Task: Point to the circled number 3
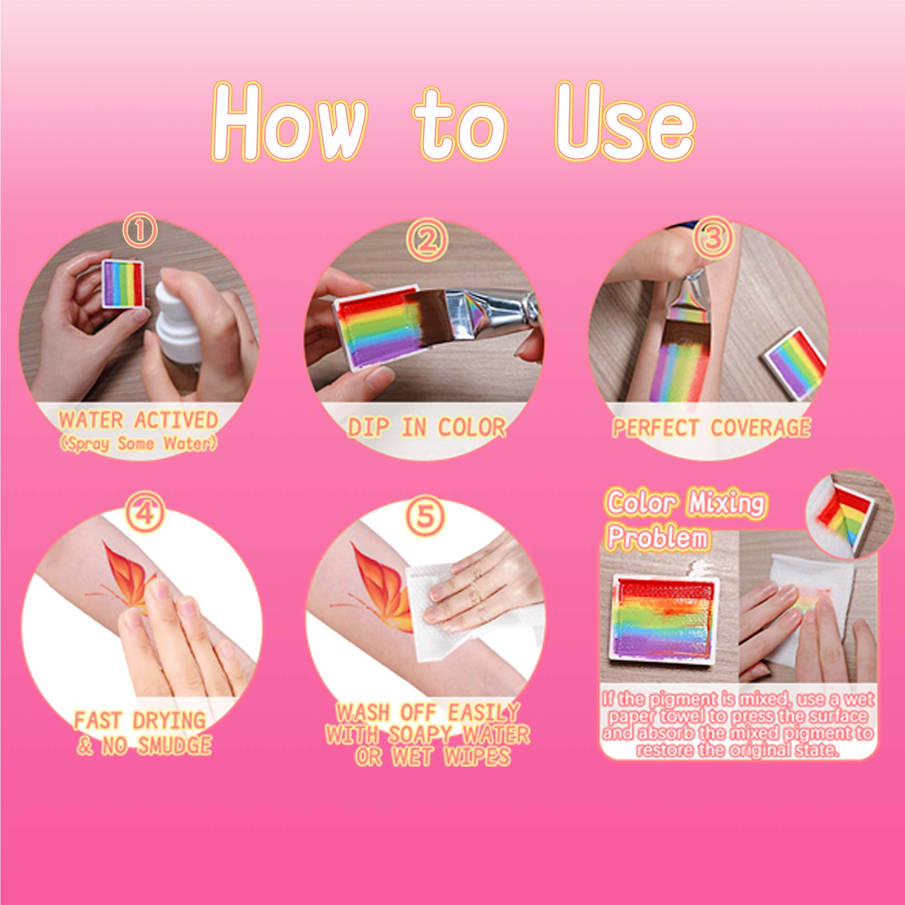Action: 714,238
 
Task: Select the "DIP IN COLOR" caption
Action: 427,427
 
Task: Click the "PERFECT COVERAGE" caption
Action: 711,427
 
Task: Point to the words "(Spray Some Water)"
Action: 138,443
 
